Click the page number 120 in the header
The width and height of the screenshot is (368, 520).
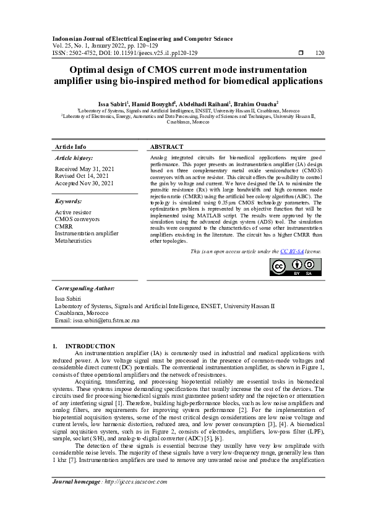320,53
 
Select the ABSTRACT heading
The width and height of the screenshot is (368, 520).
166,147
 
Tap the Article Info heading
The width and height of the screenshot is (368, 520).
71,147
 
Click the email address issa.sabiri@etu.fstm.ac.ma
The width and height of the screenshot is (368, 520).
98,321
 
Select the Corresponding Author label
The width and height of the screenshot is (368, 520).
83,288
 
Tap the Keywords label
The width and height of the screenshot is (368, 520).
69,201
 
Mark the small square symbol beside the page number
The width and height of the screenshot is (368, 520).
301,53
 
